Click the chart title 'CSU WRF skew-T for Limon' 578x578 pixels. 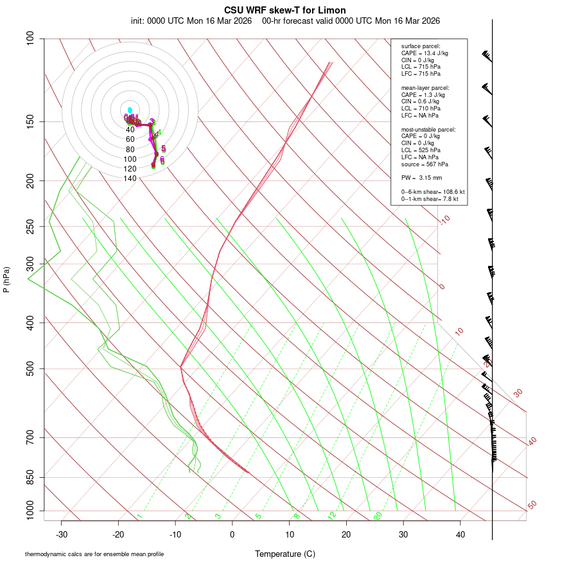pyautogui.click(x=285, y=10)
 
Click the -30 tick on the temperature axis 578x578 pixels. pyautogui.click(x=62, y=534)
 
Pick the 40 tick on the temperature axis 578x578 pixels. pyautogui.click(x=460, y=534)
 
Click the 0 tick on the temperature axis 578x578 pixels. pyautogui.click(x=232, y=534)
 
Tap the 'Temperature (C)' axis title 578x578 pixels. pyautogui.click(x=285, y=554)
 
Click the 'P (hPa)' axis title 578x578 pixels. pyautogui.click(x=6, y=279)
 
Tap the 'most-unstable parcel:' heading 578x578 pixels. pyautogui.click(x=426, y=129)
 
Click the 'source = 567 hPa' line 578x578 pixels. pyautogui.click(x=425, y=164)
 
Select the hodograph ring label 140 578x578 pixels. pyautogui.click(x=130, y=179)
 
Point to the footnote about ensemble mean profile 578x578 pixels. pyautogui.click(x=94, y=554)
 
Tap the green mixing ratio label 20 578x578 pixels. pyautogui.click(x=378, y=516)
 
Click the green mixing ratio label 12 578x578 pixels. pyautogui.click(x=332, y=516)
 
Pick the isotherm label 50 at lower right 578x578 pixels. pyautogui.click(x=532, y=505)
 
